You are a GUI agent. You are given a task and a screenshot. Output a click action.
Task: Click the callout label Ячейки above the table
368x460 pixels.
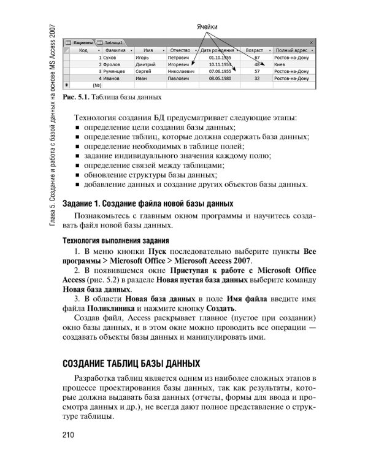click(207, 28)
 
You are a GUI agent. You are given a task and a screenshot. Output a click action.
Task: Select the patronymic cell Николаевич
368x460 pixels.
click(182, 71)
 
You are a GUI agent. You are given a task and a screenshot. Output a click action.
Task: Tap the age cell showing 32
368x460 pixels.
click(258, 79)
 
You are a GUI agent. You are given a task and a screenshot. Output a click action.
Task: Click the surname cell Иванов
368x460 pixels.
click(112, 79)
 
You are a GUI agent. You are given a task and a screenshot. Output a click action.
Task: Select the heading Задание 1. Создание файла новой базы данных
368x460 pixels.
click(148, 202)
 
